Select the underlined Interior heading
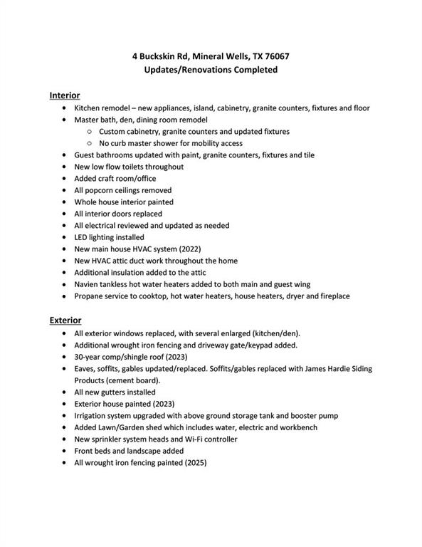[x=64, y=95]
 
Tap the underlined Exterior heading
[x=65, y=321]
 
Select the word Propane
[x=90, y=296]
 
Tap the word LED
[x=81, y=237]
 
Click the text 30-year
[x=89, y=357]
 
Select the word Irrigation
[x=93, y=416]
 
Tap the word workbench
[x=296, y=427]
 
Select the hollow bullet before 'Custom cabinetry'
[x=89, y=132]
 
